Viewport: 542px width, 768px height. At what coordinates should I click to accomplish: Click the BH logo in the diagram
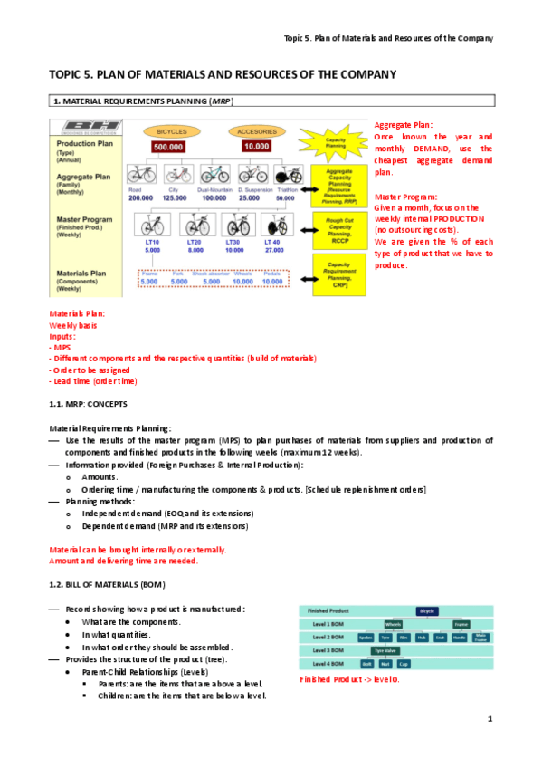click(x=80, y=128)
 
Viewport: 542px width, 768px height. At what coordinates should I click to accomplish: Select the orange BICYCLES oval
click(x=172, y=130)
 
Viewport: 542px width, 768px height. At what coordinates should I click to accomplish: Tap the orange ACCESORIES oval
click(x=256, y=130)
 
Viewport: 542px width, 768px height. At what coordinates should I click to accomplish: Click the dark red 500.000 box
click(x=169, y=146)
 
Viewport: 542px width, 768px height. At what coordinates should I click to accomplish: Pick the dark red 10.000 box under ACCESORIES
click(x=256, y=146)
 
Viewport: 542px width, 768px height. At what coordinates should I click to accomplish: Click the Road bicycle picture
click(x=140, y=175)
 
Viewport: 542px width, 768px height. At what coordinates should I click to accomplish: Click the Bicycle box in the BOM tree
click(x=427, y=611)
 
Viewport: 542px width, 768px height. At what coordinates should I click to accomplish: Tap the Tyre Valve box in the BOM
click(x=385, y=650)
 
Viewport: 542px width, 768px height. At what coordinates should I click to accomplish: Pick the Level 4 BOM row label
click(x=323, y=663)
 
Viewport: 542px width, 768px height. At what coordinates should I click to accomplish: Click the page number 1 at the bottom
click(x=489, y=719)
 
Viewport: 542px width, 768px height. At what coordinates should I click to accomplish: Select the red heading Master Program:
click(x=406, y=197)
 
